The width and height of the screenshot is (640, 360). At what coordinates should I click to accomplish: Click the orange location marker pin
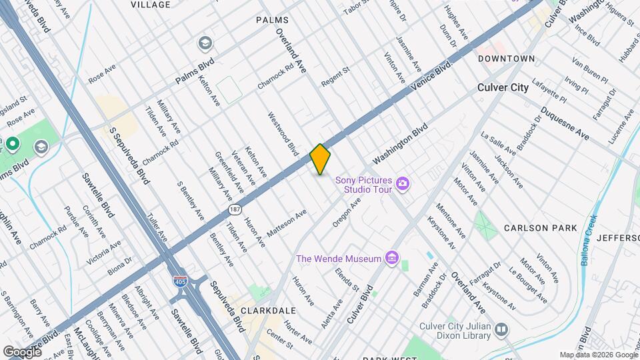tap(320, 159)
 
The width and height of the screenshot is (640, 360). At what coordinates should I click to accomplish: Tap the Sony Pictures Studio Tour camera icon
tap(402, 183)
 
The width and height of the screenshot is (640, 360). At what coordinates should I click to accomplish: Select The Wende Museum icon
tap(391, 258)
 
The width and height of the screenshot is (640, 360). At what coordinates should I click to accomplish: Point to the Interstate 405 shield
tap(179, 281)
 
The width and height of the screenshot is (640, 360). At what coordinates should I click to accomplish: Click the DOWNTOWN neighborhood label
tap(506, 59)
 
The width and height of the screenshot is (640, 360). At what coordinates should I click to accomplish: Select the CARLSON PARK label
tap(540, 228)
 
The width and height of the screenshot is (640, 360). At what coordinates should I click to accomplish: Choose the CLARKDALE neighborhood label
tap(268, 311)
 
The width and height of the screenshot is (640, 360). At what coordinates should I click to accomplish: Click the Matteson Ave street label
tap(286, 223)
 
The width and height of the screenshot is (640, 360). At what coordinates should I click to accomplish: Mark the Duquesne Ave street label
tap(565, 123)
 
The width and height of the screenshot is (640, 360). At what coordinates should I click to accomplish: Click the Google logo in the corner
tap(23, 351)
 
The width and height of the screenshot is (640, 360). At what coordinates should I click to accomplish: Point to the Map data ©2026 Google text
tap(598, 355)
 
